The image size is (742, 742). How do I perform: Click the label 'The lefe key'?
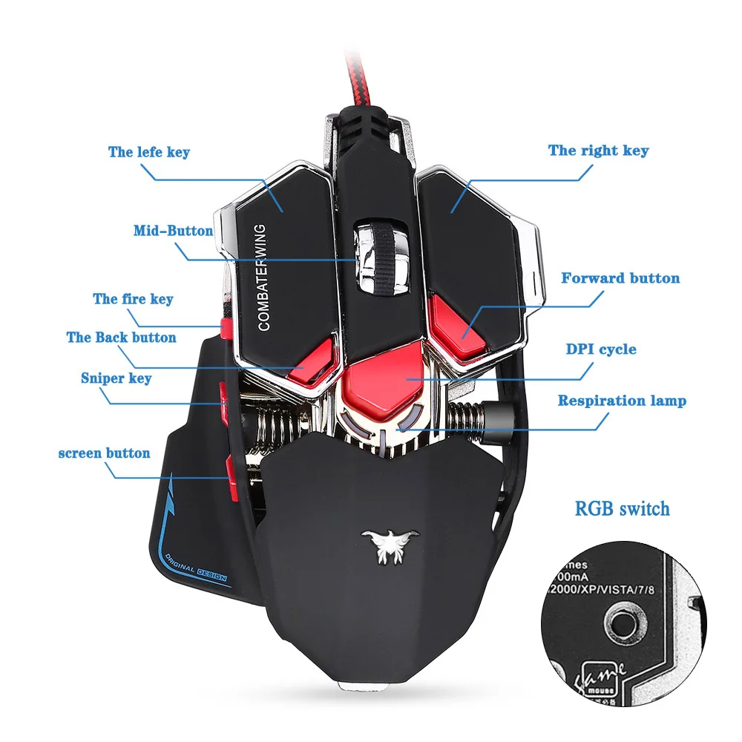148,152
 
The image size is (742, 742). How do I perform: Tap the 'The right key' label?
598,151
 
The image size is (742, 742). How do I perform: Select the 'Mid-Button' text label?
173,231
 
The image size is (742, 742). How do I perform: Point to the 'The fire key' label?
133,299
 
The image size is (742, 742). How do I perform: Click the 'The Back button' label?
121,338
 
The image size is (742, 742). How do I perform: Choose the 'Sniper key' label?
116,378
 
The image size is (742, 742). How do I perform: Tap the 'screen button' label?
104,453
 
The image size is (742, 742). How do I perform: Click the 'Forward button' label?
620,278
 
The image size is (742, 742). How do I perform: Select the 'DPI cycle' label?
600,349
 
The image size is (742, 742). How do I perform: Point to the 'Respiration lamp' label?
622,401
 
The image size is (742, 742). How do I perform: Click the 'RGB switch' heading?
622,509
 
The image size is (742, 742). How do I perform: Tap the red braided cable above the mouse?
364,74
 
